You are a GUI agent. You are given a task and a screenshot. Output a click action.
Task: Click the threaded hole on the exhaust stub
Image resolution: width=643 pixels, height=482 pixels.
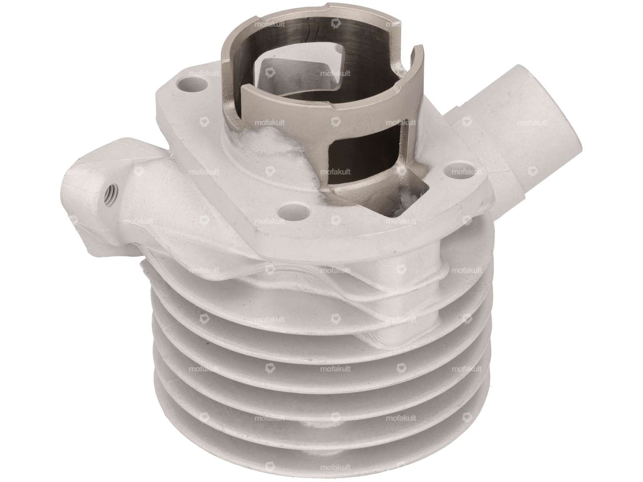(x=107, y=190)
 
